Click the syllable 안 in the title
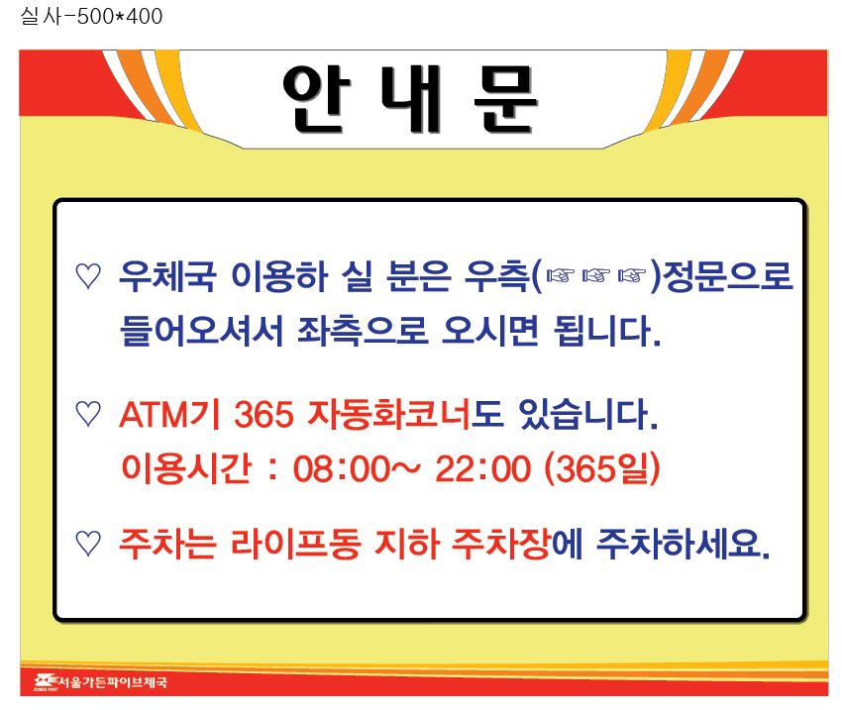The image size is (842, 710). [x=316, y=99]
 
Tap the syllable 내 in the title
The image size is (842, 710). [x=411, y=99]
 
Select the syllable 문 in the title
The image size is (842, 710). [x=505, y=99]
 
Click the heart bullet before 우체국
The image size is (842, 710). [x=88, y=276]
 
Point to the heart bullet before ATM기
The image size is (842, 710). [x=88, y=414]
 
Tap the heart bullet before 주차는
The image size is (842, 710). [x=88, y=543]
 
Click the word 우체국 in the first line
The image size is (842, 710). [x=167, y=276]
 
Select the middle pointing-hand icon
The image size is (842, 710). [x=596, y=276]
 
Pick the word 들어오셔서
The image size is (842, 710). [x=201, y=330]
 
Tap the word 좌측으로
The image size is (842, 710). [x=363, y=330]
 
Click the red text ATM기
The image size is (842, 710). [x=169, y=414]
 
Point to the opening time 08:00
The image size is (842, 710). [x=341, y=468]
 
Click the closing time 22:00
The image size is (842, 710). [x=482, y=468]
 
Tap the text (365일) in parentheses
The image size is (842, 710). [x=602, y=468]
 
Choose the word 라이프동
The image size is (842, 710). [x=296, y=543]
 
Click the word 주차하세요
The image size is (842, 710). [x=684, y=543]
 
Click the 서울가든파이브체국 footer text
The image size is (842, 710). [x=112, y=682]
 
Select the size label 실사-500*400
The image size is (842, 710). [x=91, y=16]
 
